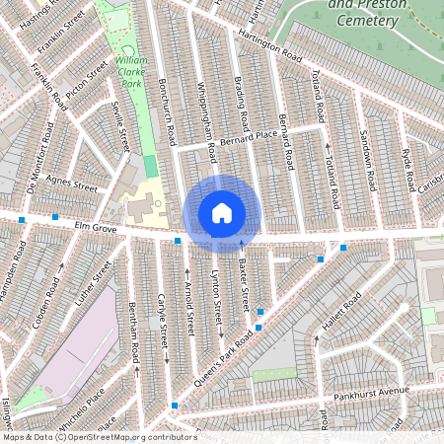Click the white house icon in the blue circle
click(x=222, y=213)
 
